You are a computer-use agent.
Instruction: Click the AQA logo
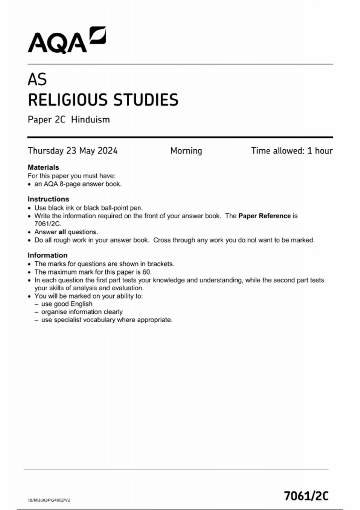click(x=67, y=40)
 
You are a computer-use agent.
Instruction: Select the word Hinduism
click(x=90, y=119)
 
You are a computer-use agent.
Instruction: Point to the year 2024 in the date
click(x=107, y=151)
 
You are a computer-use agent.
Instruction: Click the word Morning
click(x=186, y=151)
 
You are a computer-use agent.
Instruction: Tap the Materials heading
click(x=43, y=167)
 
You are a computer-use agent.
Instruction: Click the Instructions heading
click(x=48, y=199)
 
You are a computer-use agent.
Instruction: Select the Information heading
click(x=47, y=255)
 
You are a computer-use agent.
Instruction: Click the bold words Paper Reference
click(x=264, y=216)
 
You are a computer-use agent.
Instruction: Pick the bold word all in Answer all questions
click(x=62, y=232)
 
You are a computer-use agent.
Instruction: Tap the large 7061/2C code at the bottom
click(x=306, y=496)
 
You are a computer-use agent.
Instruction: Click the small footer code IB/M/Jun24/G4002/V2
click(x=49, y=500)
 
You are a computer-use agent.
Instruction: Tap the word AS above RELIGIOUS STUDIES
click(x=37, y=79)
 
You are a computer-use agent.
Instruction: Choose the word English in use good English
click(x=82, y=304)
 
